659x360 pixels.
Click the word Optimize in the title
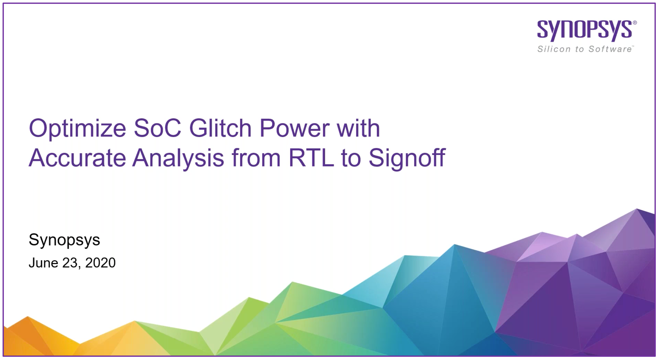tap(77, 129)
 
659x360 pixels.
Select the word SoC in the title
tap(157, 128)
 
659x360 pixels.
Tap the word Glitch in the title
tap(220, 128)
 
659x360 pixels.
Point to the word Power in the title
tap(294, 128)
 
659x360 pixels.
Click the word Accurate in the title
tap(77, 158)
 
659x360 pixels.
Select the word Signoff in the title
tap(407, 158)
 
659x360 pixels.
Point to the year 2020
tap(100, 263)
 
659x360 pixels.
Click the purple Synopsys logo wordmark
tap(585, 31)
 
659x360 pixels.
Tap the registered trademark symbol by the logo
tap(635, 23)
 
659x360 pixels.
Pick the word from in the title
tap(256, 158)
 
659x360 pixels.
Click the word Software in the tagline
tap(611, 49)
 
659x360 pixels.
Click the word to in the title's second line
tap(351, 158)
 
